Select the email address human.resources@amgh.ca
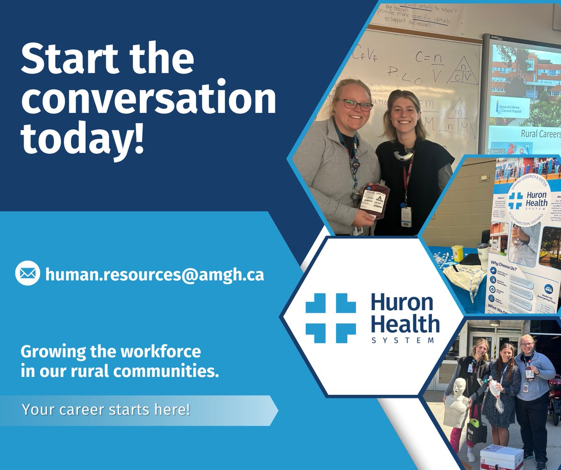[x=154, y=274]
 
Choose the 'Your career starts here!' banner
[x=107, y=410]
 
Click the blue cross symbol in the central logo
[x=331, y=318]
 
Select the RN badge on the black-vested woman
[x=406, y=222]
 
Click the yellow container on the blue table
[x=457, y=252]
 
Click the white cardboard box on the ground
[x=502, y=457]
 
